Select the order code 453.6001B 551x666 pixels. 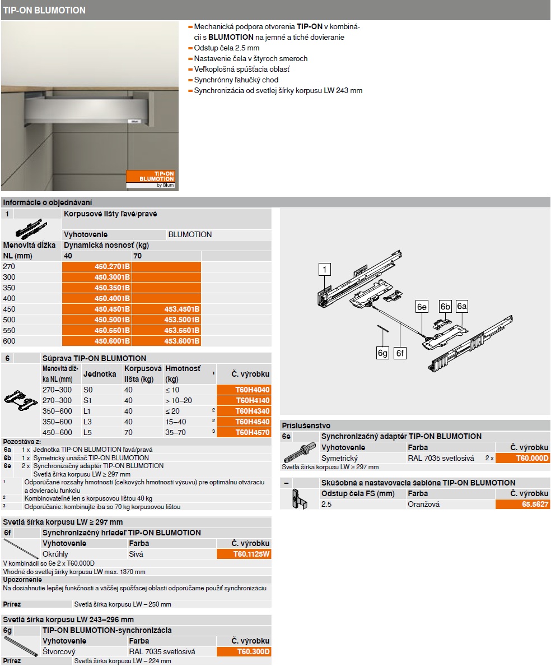182,341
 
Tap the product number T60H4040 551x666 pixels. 253,390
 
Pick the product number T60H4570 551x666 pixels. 253,432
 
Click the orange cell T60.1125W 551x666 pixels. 251,554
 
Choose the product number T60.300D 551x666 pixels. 253,651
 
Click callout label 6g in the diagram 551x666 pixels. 383,353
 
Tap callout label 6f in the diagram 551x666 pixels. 401,353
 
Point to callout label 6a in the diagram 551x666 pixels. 462,307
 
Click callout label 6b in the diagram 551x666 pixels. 445,307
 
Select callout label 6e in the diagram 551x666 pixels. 422,307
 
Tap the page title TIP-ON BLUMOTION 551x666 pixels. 45,10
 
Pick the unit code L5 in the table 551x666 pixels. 88,432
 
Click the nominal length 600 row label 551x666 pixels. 10,341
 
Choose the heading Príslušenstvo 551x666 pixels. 306,425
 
